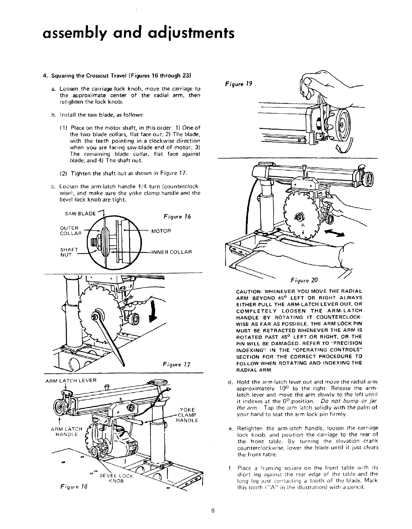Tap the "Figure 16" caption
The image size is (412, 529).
tap(177, 217)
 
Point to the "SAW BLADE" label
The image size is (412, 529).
tap(80, 214)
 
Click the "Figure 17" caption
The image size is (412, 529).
tap(177, 365)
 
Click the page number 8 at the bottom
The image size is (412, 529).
tap(213, 511)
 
